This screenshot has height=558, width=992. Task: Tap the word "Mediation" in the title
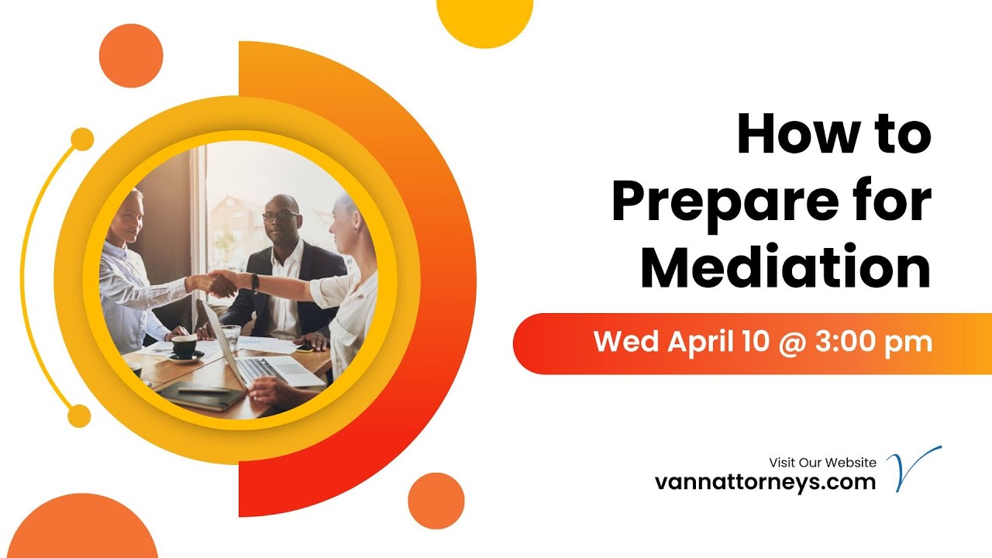pyautogui.click(x=785, y=267)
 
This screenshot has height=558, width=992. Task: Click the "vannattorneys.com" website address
pyautogui.click(x=765, y=482)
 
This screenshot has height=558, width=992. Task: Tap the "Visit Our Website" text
pyautogui.click(x=822, y=463)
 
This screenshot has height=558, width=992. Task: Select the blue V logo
pyautogui.click(x=913, y=468)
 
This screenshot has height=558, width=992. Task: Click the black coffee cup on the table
pyautogui.click(x=184, y=346)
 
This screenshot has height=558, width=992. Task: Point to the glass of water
pyautogui.click(x=231, y=336)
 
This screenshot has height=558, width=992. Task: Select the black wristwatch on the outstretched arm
pyautogui.click(x=255, y=283)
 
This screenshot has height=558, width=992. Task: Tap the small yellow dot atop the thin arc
pyautogui.click(x=81, y=139)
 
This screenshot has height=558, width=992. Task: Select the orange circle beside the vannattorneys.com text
pyautogui.click(x=436, y=501)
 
